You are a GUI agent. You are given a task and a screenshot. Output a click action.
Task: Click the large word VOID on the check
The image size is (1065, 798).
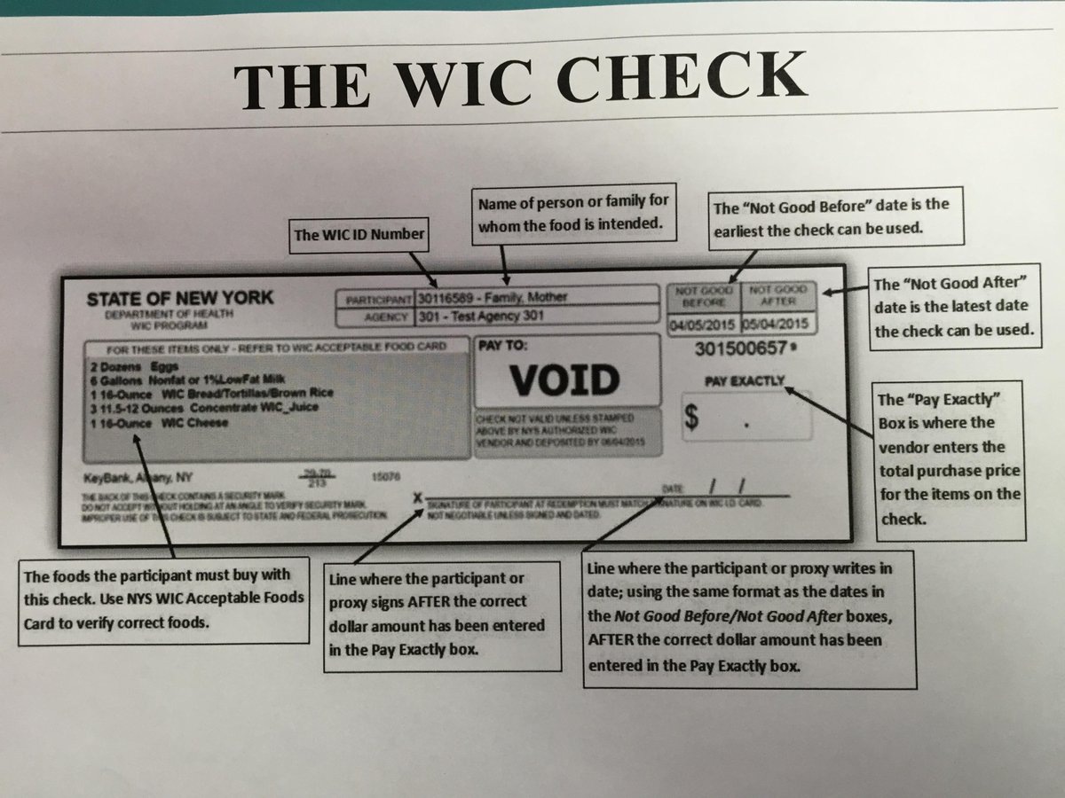click(x=564, y=379)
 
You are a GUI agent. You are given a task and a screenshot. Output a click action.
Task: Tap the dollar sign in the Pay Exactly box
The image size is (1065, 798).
click(x=696, y=419)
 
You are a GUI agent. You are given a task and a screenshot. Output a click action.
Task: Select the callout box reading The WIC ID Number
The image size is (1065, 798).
click(x=359, y=236)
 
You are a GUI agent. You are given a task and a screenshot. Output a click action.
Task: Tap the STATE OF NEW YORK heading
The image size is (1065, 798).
click(x=180, y=298)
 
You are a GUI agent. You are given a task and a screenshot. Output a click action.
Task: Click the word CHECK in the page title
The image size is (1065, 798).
click(x=678, y=78)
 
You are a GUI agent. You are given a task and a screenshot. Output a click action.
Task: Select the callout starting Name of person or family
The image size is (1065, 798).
click(x=573, y=214)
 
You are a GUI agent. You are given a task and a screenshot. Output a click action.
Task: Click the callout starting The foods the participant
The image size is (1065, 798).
click(x=163, y=599)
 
